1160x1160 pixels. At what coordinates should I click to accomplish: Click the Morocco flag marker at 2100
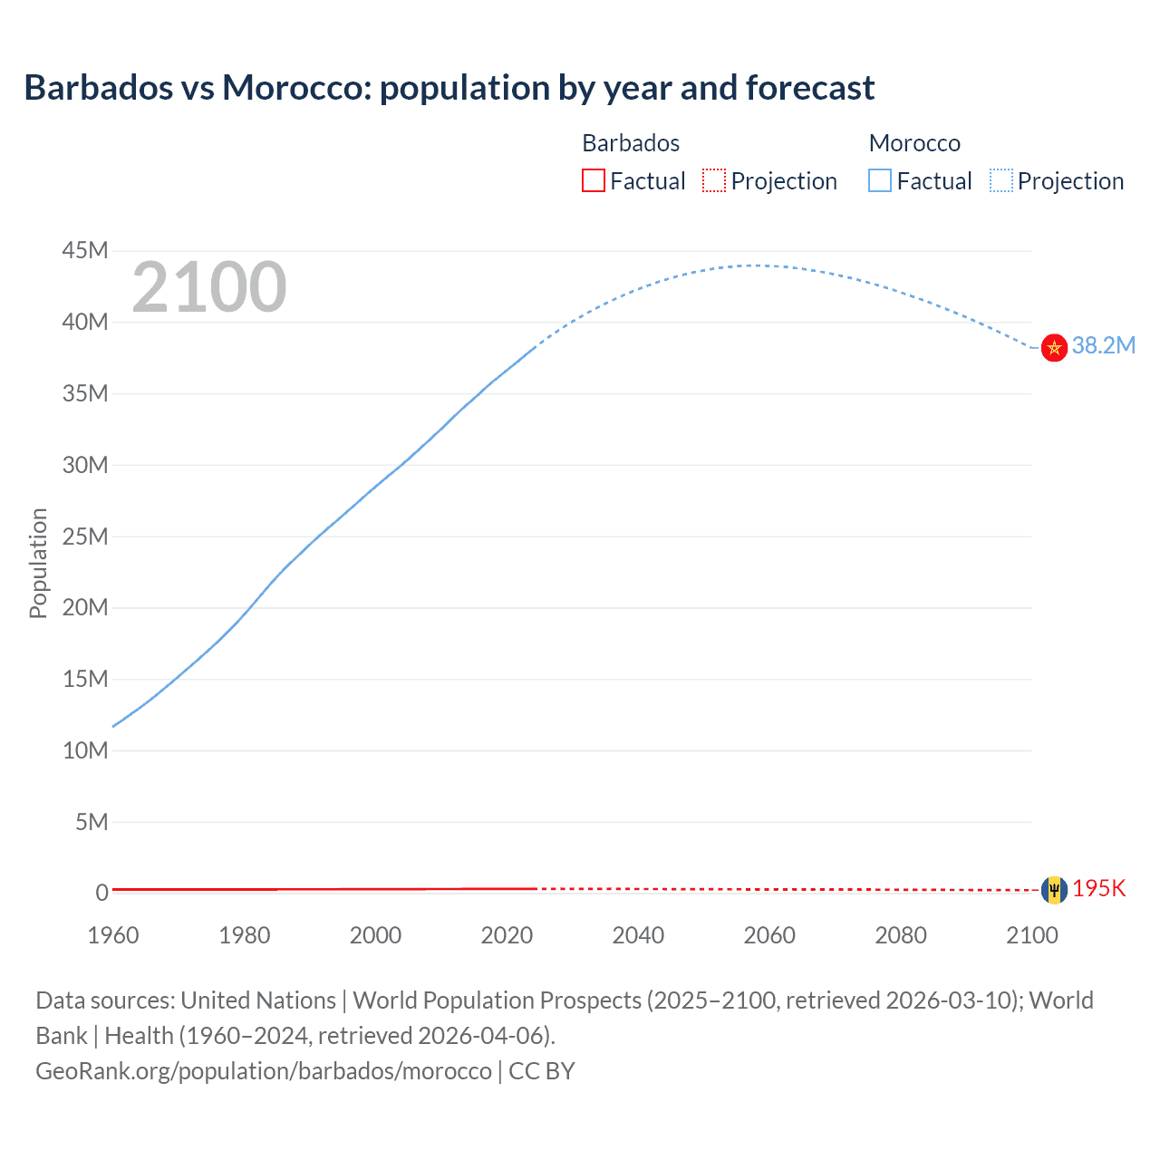1054,347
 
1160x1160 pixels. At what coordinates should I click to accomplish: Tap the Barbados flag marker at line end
1054,890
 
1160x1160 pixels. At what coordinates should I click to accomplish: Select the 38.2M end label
1103,345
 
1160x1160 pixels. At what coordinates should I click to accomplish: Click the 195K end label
1098,888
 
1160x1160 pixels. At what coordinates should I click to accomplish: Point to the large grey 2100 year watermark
209,287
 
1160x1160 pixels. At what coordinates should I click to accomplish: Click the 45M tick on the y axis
85,250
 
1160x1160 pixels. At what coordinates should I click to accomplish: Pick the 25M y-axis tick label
85,536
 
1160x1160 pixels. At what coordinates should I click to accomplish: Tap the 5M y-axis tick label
92,822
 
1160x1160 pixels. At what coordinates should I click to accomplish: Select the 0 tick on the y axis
102,894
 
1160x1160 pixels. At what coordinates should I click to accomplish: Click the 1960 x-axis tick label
113,935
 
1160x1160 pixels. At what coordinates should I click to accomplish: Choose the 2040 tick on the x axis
638,935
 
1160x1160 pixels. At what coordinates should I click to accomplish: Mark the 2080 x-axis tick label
901,935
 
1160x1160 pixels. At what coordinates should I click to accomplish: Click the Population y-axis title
38,563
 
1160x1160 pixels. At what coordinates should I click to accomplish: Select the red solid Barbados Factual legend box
593,180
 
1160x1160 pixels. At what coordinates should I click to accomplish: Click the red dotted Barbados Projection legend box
714,180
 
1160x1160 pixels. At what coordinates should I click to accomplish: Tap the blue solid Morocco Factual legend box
880,180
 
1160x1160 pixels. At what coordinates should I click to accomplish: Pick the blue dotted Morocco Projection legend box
1001,180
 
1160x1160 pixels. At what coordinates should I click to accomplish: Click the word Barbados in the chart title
98,88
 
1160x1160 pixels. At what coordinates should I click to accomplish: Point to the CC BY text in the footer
542,1071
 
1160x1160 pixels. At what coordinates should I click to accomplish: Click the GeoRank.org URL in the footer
263,1071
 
